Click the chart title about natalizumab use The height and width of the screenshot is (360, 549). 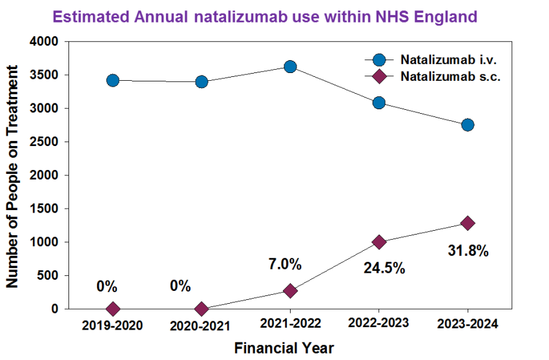coord(265,16)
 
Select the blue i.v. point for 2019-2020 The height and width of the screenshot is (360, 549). coord(113,80)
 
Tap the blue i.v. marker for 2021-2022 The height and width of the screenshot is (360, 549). coord(290,67)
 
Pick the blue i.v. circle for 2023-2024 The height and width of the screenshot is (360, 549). coord(468,125)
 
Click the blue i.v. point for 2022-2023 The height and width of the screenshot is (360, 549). coord(379,103)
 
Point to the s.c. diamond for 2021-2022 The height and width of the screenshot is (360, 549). coord(290,291)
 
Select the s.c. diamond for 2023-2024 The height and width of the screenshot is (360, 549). coord(468,223)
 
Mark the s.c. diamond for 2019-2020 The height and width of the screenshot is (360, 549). coord(113,309)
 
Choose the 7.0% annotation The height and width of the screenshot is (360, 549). coord(285,264)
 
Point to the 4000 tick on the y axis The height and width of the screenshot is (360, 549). coord(45,41)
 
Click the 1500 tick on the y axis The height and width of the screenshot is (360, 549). coord(45,209)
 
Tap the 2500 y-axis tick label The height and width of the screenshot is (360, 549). coord(45,142)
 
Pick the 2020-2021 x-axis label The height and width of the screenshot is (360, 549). coord(202,326)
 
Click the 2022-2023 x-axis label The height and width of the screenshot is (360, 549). coord(378,324)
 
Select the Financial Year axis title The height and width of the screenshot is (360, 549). coord(284,348)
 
